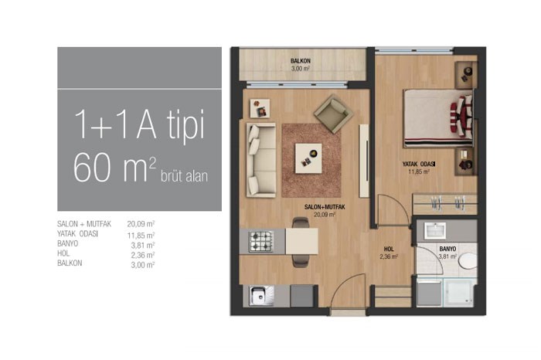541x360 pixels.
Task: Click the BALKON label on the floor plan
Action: (x=300, y=61)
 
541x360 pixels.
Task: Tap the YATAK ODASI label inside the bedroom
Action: (x=419, y=164)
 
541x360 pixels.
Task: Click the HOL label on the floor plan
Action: (x=389, y=249)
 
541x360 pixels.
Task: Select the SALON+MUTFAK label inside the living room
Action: (x=325, y=207)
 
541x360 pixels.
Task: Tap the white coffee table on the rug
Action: (x=308, y=158)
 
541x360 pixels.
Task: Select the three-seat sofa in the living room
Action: (x=261, y=161)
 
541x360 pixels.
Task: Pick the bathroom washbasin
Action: (x=434, y=231)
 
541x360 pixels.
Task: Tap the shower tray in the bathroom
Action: (x=458, y=293)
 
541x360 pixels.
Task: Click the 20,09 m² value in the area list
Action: (x=141, y=224)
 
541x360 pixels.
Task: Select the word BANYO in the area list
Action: (x=68, y=244)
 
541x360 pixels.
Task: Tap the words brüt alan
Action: (x=184, y=176)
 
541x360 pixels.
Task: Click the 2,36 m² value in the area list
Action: (x=142, y=255)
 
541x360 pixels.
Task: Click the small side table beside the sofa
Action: (x=260, y=108)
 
